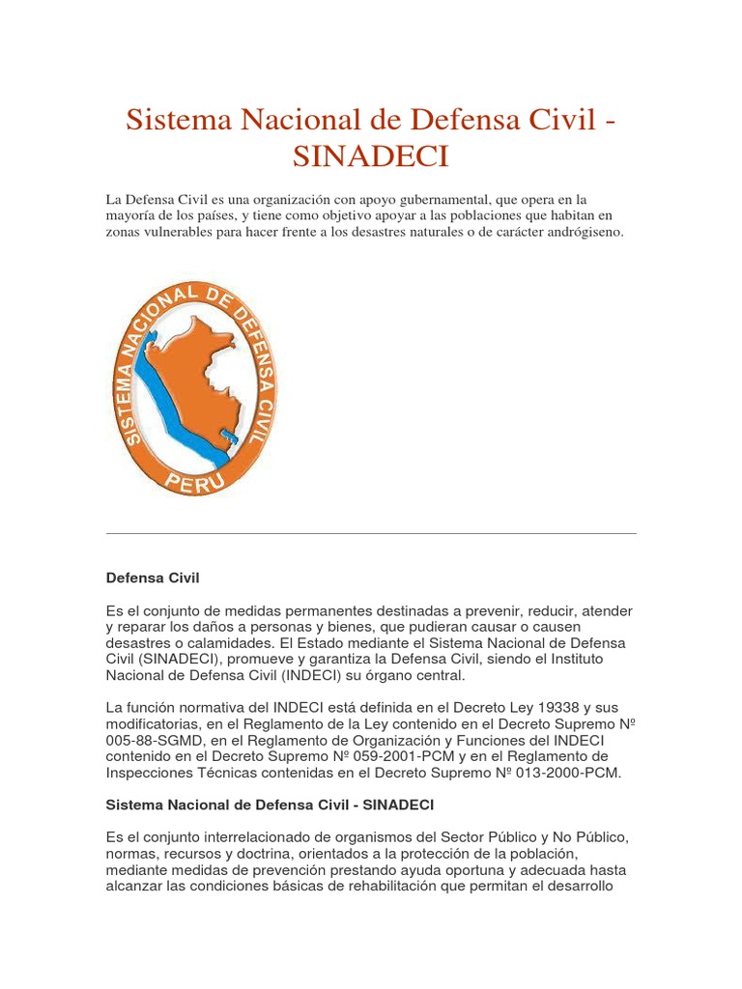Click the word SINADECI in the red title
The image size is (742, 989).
(x=370, y=156)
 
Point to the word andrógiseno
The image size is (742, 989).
(x=587, y=233)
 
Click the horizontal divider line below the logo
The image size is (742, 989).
(x=370, y=533)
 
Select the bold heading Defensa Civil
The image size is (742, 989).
(x=152, y=578)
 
